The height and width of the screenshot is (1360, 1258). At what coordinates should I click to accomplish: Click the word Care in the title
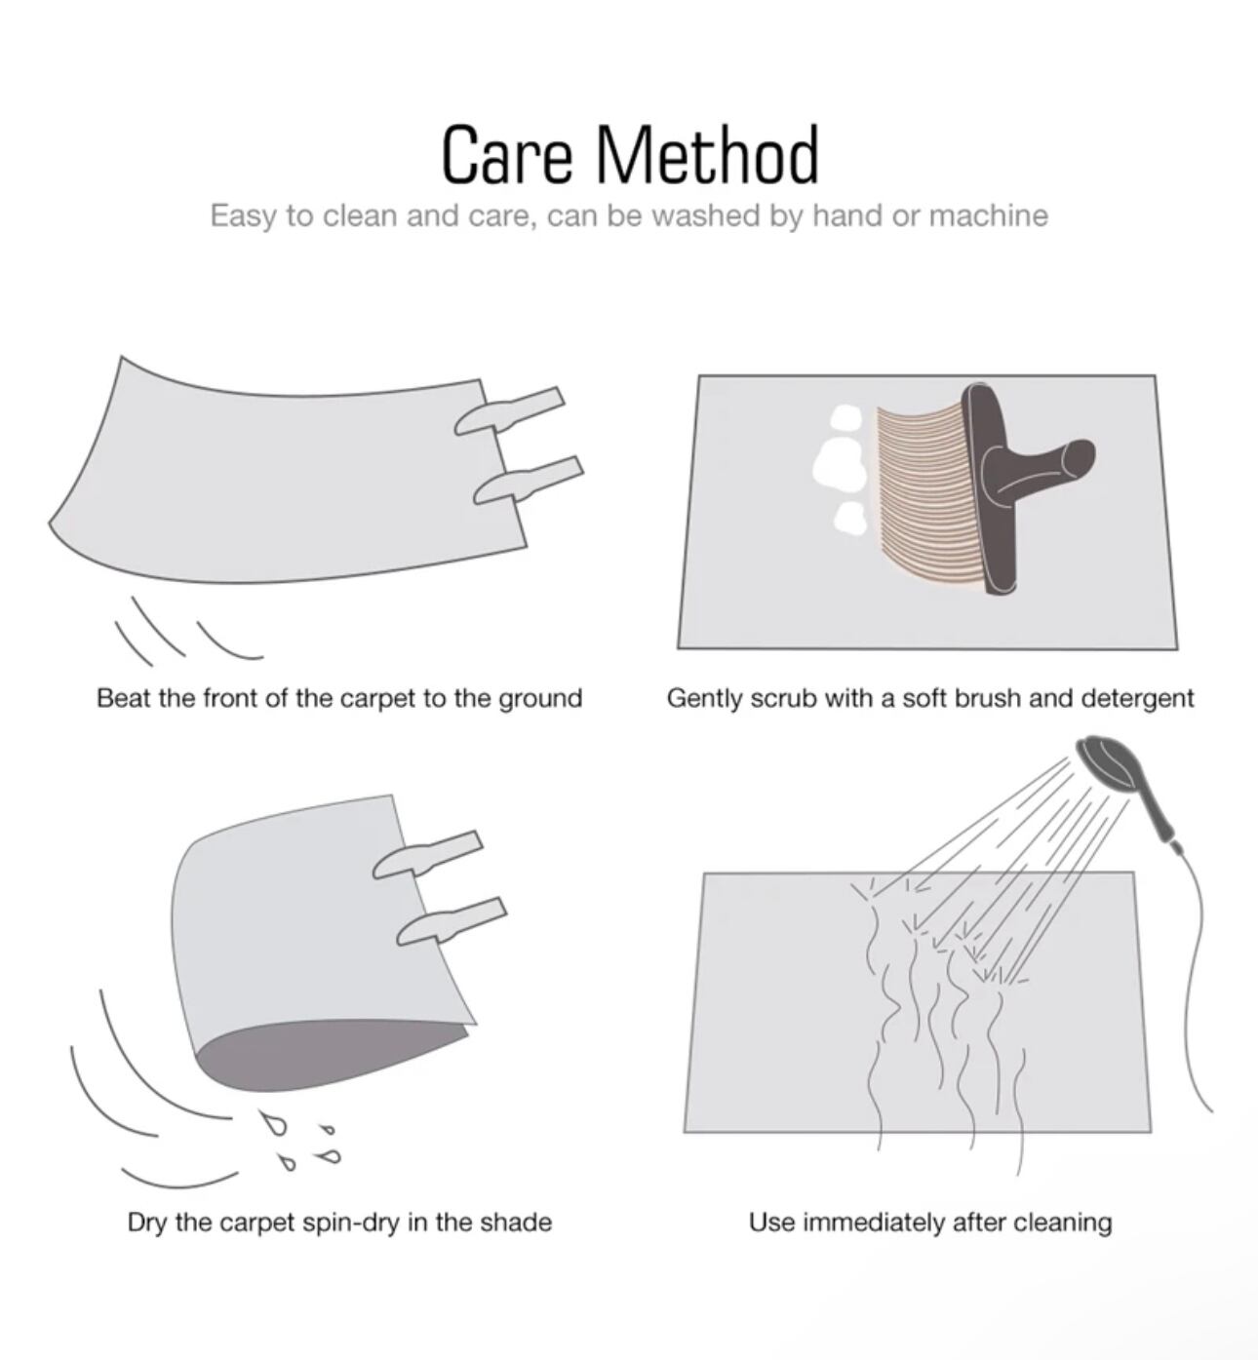click(506, 155)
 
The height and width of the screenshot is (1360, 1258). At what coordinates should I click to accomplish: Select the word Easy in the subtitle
click(244, 217)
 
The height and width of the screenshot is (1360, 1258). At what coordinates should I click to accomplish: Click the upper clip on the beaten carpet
click(509, 410)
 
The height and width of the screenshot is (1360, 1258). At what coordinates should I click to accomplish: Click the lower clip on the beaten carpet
click(529, 481)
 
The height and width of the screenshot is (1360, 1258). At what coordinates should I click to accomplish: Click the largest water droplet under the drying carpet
click(273, 1122)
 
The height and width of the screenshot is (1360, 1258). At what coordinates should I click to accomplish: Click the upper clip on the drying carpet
click(427, 855)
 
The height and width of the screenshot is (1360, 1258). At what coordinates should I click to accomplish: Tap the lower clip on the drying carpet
click(452, 921)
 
